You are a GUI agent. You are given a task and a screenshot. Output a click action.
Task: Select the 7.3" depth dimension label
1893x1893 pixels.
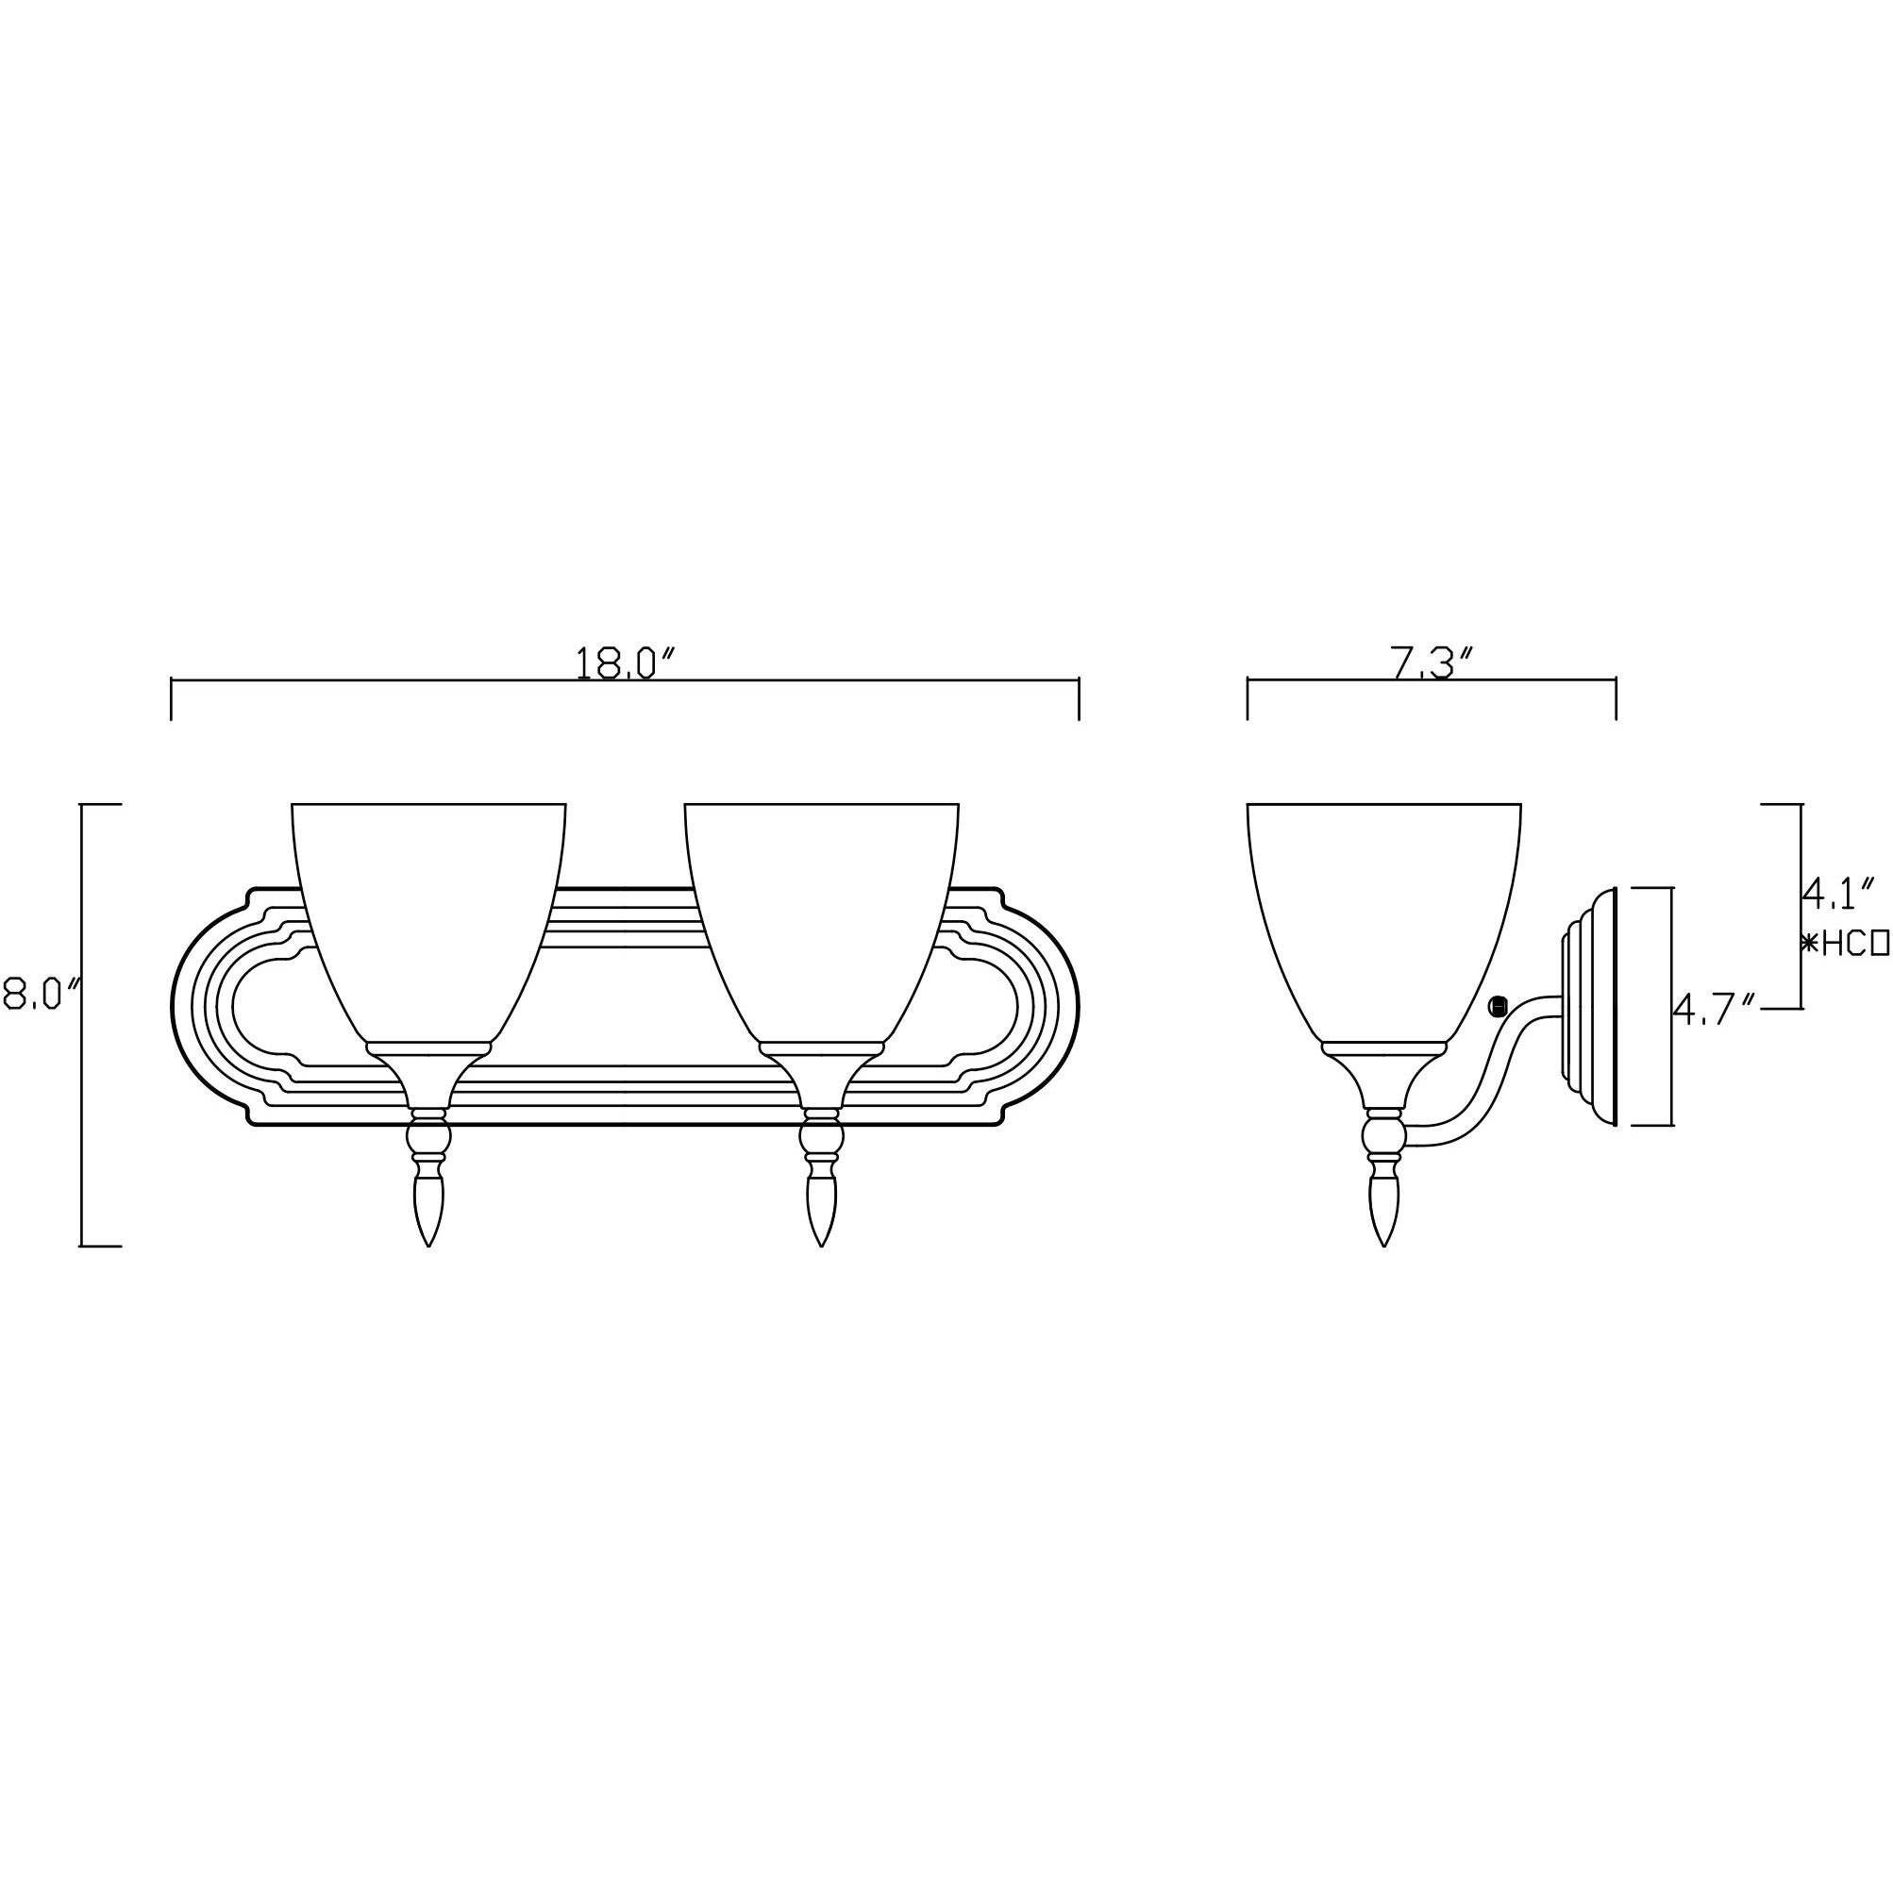1431,664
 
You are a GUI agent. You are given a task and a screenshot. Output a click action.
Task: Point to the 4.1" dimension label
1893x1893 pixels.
1839,892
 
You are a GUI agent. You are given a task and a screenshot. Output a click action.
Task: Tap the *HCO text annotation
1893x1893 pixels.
1846,944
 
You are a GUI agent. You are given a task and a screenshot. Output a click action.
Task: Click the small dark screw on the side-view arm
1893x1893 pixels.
1496,1006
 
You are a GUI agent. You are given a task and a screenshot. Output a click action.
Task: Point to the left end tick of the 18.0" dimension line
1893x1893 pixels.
172,697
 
